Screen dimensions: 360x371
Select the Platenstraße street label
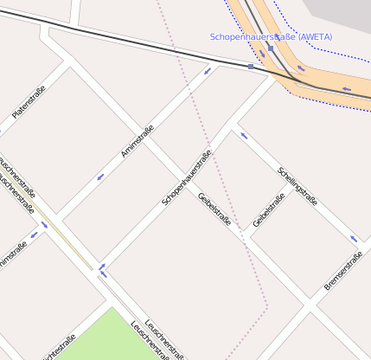click(29, 102)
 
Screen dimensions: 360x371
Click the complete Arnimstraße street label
click(138, 141)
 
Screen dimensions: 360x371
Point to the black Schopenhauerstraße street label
click(186, 178)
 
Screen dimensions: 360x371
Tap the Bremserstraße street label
click(342, 270)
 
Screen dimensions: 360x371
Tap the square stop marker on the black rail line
click(250, 67)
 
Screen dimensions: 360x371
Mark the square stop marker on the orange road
click(270, 49)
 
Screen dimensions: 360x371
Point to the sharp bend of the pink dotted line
click(267, 305)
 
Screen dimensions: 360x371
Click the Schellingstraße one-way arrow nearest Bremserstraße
click(353, 239)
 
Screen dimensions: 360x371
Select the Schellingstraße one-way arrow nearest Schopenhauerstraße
click(244, 135)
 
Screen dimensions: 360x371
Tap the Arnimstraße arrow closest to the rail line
click(207, 71)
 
